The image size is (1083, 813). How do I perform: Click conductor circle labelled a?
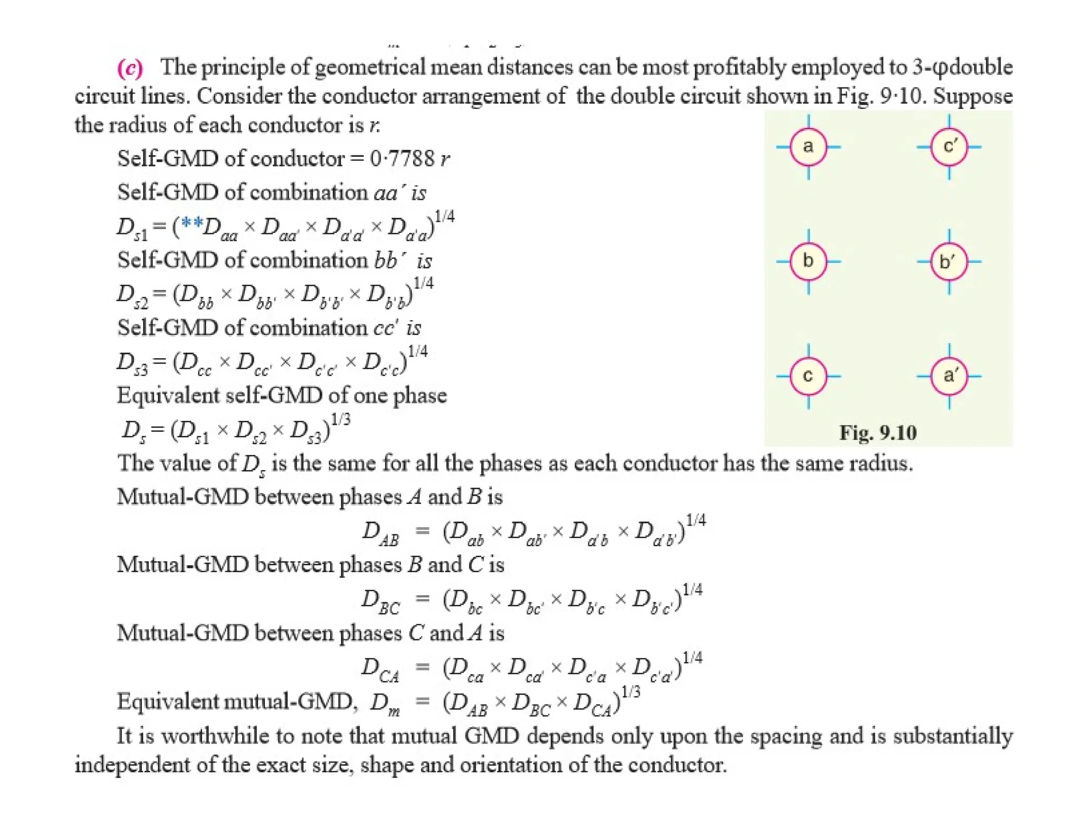pos(808,147)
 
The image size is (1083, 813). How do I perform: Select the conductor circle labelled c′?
pos(949,147)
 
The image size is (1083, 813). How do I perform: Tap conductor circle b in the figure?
pos(808,261)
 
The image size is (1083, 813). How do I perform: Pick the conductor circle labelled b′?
pos(949,261)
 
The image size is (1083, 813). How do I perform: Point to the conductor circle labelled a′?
pos(949,376)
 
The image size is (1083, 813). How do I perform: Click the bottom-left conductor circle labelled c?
pos(808,376)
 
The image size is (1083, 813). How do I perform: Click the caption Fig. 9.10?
pos(878,433)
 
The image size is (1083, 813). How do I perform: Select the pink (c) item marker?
pos(130,68)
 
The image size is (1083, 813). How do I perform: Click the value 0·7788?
pos(402,158)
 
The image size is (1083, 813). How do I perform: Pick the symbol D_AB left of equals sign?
pos(380,532)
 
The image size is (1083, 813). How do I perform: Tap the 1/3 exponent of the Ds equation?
pos(341,420)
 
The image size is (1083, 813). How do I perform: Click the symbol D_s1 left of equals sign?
pos(132,228)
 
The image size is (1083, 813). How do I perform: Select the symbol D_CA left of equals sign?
pos(380,669)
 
